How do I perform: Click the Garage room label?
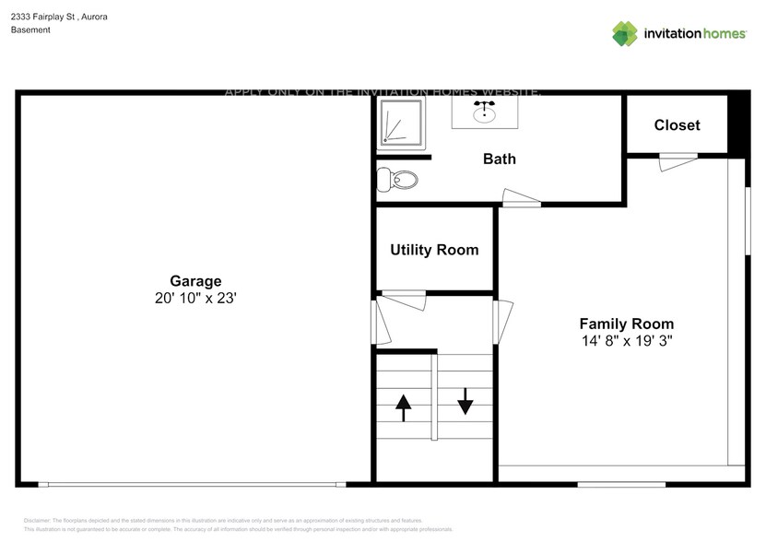click(194, 281)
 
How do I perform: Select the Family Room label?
click(626, 324)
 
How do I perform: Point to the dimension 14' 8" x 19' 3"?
click(626, 341)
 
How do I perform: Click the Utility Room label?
click(434, 250)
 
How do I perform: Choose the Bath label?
click(500, 159)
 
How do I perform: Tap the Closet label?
click(677, 125)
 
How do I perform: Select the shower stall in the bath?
click(401, 124)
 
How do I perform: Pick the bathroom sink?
click(482, 112)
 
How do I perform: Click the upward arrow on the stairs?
click(404, 406)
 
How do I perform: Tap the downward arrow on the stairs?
click(465, 401)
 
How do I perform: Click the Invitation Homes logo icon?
click(625, 33)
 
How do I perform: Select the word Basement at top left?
click(30, 30)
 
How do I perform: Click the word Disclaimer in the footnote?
click(37, 521)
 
